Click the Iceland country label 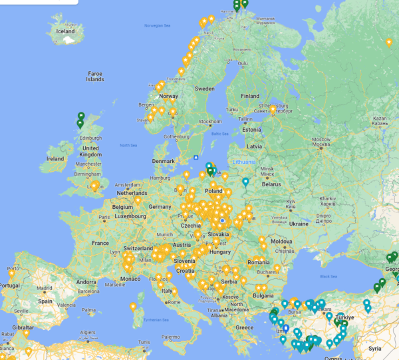click(x=66, y=31)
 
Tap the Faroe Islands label click(x=95, y=77)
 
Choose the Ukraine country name click(x=299, y=224)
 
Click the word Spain click(x=45, y=301)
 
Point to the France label click(x=100, y=243)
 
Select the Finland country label click(x=250, y=96)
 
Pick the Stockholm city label click(x=210, y=122)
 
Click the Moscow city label click(x=321, y=140)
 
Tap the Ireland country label click(x=55, y=159)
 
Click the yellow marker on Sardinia click(x=133, y=307)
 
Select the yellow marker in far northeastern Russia click(x=389, y=43)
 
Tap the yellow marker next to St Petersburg click(x=273, y=109)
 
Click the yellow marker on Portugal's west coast click(x=11, y=273)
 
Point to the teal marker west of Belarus click(x=245, y=182)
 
